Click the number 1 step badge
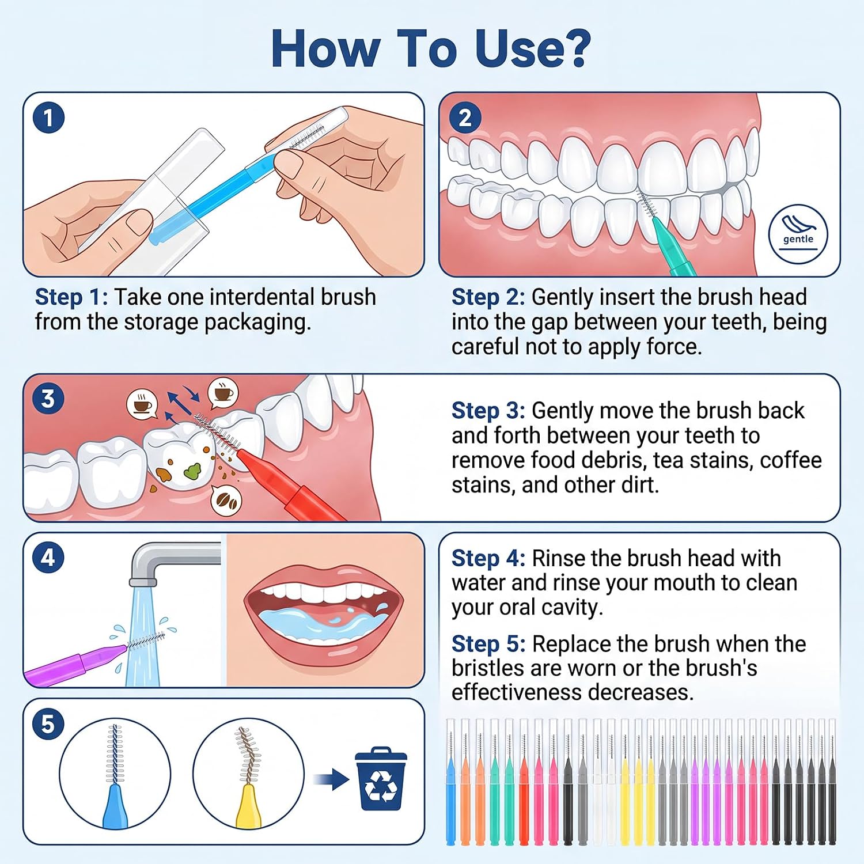(48, 118)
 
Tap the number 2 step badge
(465, 118)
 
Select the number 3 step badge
(48, 399)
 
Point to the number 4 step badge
(48, 558)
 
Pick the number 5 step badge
(48, 724)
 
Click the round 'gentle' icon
(798, 234)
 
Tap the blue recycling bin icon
(381, 779)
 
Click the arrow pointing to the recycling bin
(331, 780)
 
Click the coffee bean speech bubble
(226, 500)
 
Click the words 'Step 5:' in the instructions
(488, 644)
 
